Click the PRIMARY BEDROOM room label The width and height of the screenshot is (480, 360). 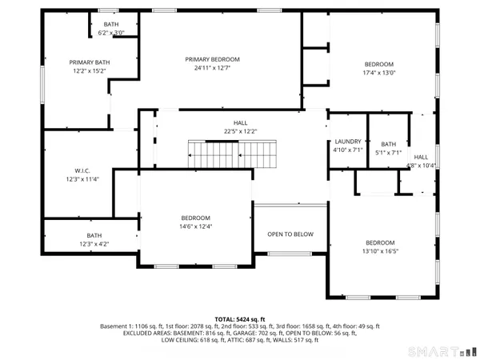click(212, 59)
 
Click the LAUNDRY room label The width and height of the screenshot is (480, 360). click(347, 142)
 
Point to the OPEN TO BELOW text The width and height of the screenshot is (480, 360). click(290, 234)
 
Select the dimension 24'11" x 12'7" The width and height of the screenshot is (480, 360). click(212, 68)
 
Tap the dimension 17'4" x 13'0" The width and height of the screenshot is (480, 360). click(379, 73)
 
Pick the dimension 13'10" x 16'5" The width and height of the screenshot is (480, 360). click(380, 251)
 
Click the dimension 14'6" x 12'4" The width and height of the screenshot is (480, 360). click(195, 227)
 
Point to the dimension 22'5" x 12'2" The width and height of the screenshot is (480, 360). click(234, 131)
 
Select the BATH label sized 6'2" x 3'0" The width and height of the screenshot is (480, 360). click(110, 25)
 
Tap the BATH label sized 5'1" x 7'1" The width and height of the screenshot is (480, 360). click(388, 144)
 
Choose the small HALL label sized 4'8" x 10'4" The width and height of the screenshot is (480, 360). click(421, 157)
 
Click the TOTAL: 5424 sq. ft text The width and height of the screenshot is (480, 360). click(240, 318)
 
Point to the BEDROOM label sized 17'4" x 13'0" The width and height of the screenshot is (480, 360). click(379, 64)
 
